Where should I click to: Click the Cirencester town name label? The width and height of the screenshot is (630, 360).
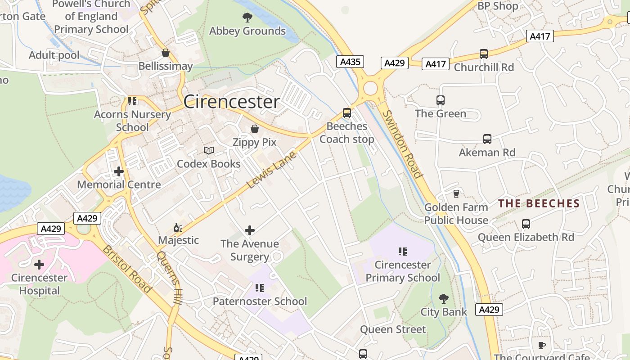pyautogui.click(x=231, y=102)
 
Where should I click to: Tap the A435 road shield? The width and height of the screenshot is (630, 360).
pyautogui.click(x=350, y=62)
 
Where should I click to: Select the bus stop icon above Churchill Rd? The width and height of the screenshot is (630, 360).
pyautogui.click(x=484, y=54)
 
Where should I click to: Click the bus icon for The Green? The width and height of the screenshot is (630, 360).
pyautogui.click(x=441, y=100)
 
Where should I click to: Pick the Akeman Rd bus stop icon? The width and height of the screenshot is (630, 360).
pyautogui.click(x=487, y=139)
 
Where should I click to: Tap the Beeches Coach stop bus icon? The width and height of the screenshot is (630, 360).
pyautogui.click(x=346, y=113)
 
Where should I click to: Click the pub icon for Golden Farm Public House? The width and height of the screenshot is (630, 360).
pyautogui.click(x=456, y=194)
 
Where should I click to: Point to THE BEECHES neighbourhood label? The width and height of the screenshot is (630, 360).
pyautogui.click(x=539, y=203)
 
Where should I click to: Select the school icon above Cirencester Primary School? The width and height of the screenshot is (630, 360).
pyautogui.click(x=403, y=251)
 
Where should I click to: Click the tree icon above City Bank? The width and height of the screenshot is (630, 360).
pyautogui.click(x=444, y=299)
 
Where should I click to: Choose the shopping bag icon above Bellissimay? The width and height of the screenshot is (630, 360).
pyautogui.click(x=166, y=53)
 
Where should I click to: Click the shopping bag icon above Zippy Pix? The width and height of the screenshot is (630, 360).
pyautogui.click(x=255, y=129)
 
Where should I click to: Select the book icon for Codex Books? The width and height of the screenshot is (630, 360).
pyautogui.click(x=208, y=150)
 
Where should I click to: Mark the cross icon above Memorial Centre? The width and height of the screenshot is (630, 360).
pyautogui.click(x=119, y=171)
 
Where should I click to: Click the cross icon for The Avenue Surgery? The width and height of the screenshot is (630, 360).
pyautogui.click(x=250, y=231)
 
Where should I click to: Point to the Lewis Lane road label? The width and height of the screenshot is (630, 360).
pyautogui.click(x=272, y=170)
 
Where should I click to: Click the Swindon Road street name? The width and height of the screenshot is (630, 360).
pyautogui.click(x=402, y=144)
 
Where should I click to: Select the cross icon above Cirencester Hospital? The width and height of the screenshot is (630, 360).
pyautogui.click(x=39, y=265)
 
